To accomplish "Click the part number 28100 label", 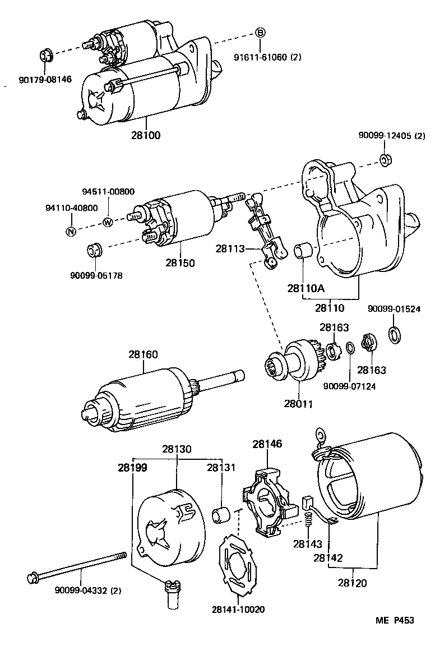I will [146, 135].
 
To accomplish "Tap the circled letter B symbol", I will [260, 33].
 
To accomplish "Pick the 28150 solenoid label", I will [180, 262].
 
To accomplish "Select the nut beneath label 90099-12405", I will [385, 160].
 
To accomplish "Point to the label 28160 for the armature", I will [143, 354].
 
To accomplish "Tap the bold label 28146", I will [267, 444].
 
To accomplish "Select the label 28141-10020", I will [238, 609].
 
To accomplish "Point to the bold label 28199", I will [132, 467].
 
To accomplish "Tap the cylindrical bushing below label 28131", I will [221, 513].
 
